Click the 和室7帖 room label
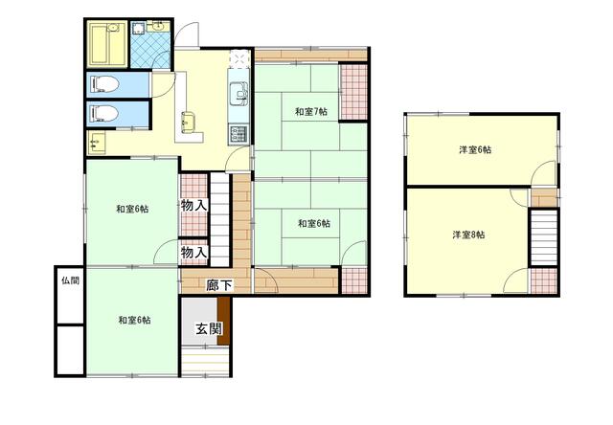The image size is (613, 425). click(310, 112)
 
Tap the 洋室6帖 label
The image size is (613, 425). click(475, 149)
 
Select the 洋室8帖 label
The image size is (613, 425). click(468, 235)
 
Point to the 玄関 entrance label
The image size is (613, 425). click(209, 328)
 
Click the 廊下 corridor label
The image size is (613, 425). click(219, 285)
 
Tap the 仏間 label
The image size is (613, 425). click(71, 280)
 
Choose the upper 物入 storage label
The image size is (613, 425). click(193, 205)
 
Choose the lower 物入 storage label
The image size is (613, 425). click(193, 253)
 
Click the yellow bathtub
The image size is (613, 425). click(106, 45)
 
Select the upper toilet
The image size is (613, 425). click(104, 84)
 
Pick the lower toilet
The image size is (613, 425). click(104, 114)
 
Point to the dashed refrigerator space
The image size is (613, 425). click(239, 58)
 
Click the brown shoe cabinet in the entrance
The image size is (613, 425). click(223, 321)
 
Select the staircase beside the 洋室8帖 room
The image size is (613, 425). click(543, 237)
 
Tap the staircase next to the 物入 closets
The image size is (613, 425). click(219, 219)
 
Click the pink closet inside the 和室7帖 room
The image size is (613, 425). click(353, 92)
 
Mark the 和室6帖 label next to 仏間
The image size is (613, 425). click(134, 321)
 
